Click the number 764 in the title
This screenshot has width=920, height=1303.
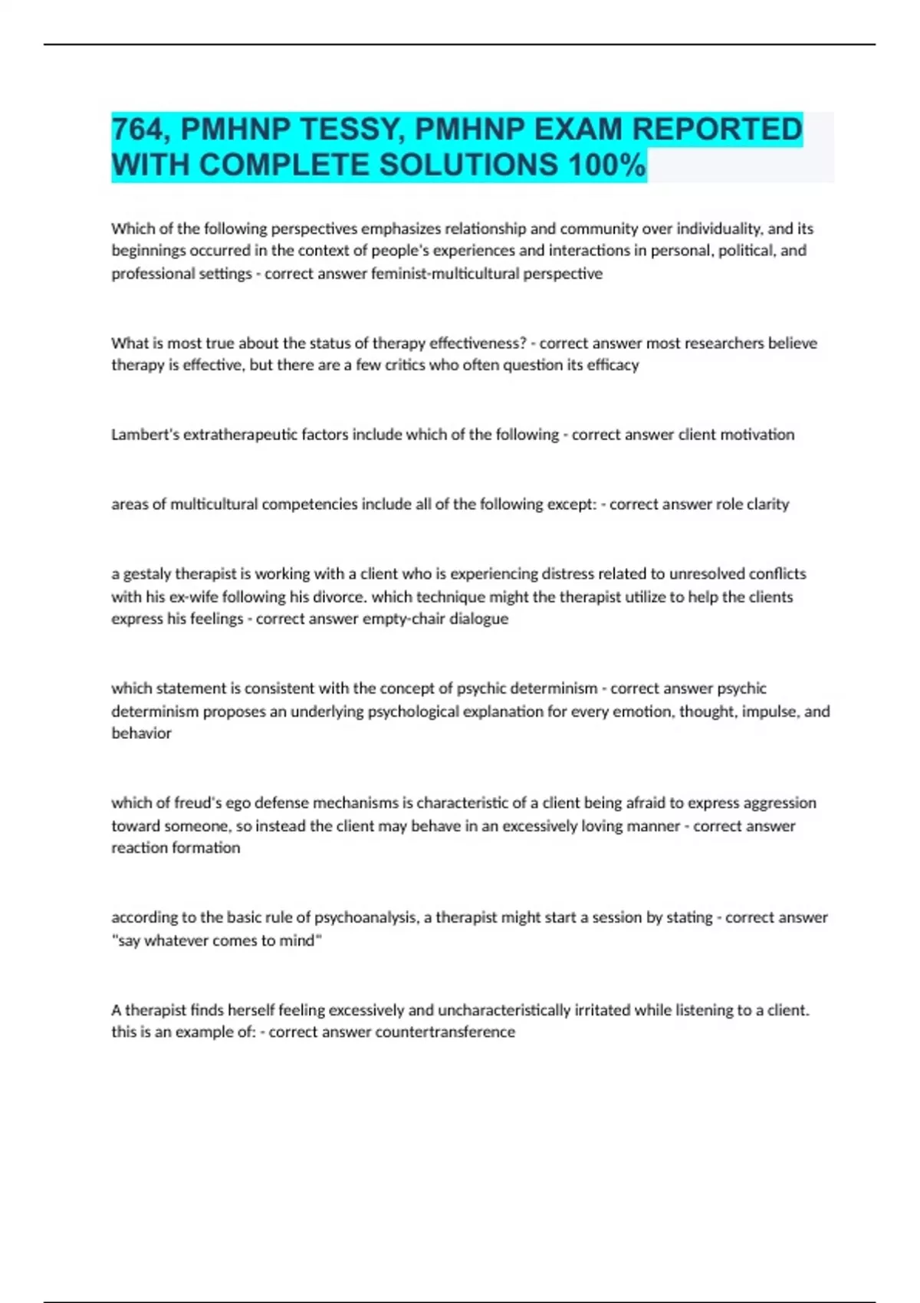138,130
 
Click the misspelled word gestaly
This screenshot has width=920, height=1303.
147,574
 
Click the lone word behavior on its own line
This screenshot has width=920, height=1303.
141,733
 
